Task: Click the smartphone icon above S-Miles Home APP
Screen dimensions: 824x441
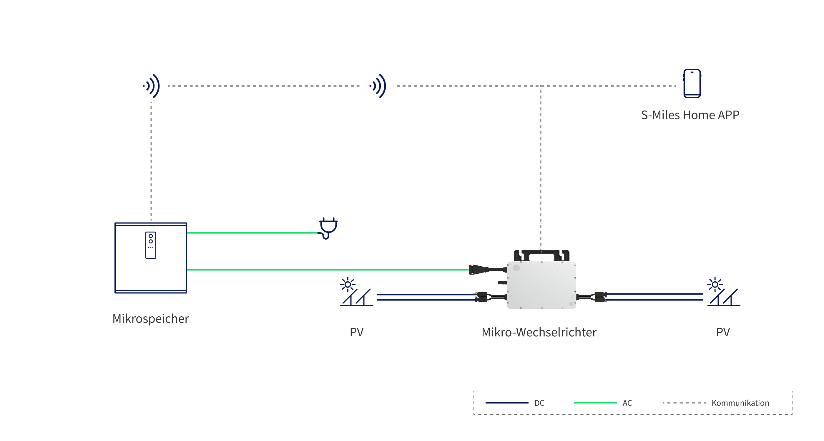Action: [692, 83]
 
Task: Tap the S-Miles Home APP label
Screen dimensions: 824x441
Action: [690, 115]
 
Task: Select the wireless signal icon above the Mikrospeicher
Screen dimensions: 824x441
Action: [152, 86]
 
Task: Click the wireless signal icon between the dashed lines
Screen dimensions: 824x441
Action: [378, 86]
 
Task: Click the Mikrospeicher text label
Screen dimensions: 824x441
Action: [151, 319]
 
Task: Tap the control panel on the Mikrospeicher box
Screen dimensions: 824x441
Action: [151, 245]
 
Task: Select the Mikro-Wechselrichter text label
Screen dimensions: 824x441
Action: [539, 332]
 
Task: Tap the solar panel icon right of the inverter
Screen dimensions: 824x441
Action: [724, 292]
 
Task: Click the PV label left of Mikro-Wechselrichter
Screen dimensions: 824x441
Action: [357, 332]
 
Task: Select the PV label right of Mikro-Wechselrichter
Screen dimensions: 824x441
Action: [723, 332]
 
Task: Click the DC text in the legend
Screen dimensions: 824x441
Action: [539, 403]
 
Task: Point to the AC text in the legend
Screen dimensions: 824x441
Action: [627, 403]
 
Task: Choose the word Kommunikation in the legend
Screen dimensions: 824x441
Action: [740, 403]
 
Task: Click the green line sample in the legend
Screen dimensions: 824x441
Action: [595, 403]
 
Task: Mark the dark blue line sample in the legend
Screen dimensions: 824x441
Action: [507, 403]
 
